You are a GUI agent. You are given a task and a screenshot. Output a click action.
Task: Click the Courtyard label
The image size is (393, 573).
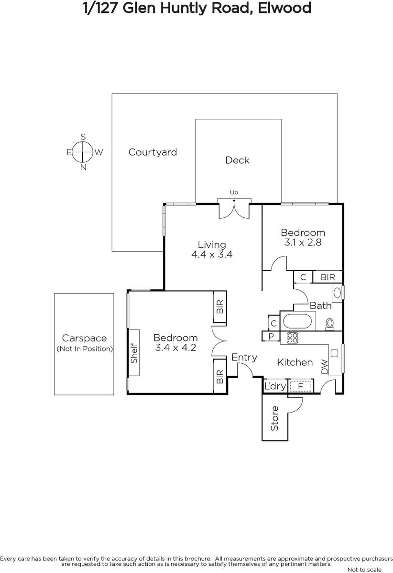coord(153,152)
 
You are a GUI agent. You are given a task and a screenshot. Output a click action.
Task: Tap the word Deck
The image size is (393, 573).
coord(237,160)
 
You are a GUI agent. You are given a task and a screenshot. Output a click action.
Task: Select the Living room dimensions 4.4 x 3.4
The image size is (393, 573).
coord(212,254)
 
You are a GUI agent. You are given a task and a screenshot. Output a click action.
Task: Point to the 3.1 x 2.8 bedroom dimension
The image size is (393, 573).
coord(303,242)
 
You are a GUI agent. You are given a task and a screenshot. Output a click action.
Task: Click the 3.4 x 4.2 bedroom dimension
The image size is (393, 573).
coord(176,348)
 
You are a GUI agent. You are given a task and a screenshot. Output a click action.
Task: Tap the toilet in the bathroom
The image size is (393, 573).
coord(329,324)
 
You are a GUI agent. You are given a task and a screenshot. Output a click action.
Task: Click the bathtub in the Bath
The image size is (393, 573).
coord(297,321)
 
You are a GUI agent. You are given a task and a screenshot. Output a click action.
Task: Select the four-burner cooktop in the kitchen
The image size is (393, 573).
coord(292,338)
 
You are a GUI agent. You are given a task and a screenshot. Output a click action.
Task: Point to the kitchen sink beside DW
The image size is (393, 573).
coord(335,353)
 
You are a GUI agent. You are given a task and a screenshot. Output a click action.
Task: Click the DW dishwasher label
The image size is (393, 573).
coord(324,367)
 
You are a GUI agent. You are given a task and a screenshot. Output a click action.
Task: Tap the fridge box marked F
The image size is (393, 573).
coord(301,386)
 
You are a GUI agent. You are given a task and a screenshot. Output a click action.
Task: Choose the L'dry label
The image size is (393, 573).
coord(275,386)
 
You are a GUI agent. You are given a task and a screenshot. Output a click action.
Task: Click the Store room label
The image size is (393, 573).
coord(274,418)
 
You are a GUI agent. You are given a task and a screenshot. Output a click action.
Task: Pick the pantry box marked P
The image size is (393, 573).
coord(271,336)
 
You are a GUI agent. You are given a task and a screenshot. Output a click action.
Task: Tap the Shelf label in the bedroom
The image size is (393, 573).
coord(134,353)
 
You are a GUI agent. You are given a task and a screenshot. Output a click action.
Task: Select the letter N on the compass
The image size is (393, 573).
coord(83,168)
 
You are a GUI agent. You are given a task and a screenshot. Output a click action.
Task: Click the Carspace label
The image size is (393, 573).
coord(84,338)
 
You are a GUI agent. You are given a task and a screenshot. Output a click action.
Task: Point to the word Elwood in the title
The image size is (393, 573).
coord(284,8)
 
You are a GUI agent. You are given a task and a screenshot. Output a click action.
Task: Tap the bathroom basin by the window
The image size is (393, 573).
coord(337,293)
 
